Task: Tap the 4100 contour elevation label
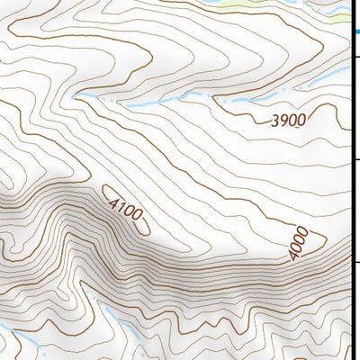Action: [125, 210]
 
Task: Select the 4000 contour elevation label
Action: [300, 244]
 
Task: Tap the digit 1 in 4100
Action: [121, 207]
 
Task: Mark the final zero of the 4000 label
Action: [305, 233]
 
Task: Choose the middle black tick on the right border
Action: [355, 159]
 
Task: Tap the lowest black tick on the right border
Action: [355, 263]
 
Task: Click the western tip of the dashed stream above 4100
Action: [76, 94]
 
